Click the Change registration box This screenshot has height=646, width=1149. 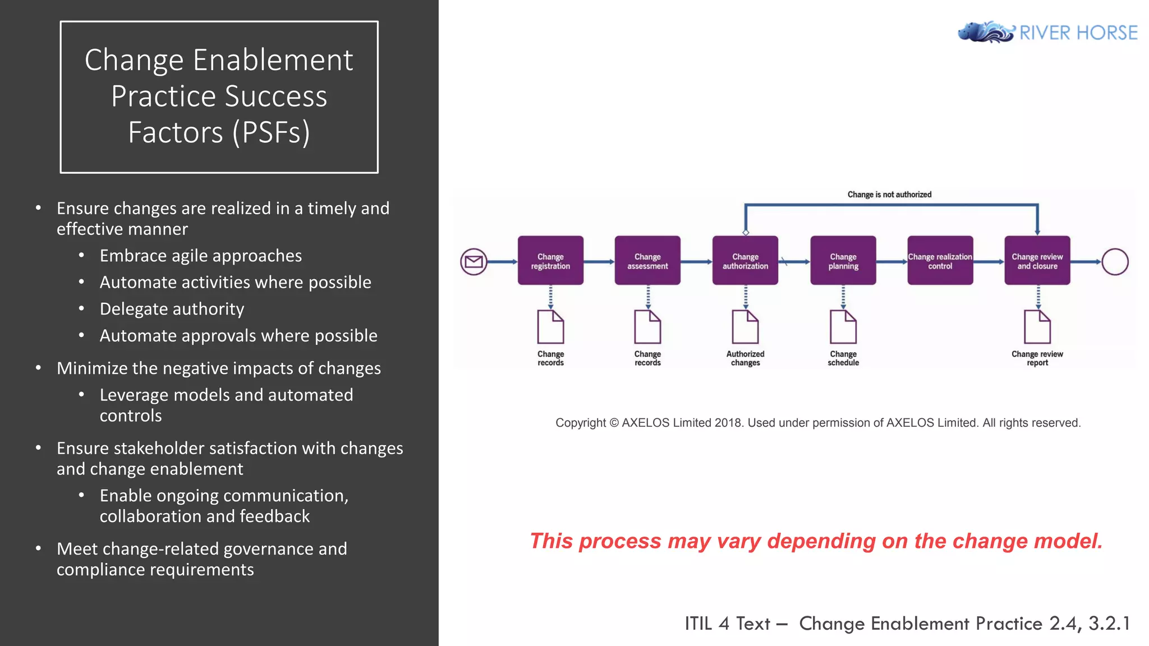pos(550,261)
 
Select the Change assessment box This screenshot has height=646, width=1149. pos(647,261)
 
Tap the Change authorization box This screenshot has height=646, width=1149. pos(745,261)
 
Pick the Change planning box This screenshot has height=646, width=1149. pos(843,261)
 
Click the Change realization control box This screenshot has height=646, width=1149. pos(940,261)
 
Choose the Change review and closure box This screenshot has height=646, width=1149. pos(1037,261)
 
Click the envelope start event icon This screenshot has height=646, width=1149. pos(474,261)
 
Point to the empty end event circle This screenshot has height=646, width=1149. pos(1115,261)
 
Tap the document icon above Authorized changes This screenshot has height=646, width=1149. pos(745,327)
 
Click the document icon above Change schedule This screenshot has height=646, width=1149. pos(843,327)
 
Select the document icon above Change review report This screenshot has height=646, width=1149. pos(1037,327)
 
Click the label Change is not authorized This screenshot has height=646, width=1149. pos(889,195)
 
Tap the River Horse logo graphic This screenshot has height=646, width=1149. pos(986,32)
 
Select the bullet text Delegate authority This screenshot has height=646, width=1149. pos(172,309)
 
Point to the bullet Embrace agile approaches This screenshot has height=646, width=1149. pos(200,256)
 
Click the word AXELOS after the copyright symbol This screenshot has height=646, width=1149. pos(646,423)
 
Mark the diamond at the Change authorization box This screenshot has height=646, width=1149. pos(746,232)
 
